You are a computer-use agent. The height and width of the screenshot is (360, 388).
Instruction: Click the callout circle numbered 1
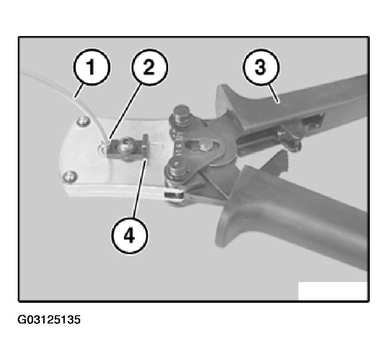pyautogui.click(x=92, y=67)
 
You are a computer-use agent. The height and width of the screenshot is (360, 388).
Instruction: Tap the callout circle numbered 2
pyautogui.click(x=149, y=67)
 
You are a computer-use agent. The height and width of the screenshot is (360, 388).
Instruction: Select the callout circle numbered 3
pyautogui.click(x=261, y=67)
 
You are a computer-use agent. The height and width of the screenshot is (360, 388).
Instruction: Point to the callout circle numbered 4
pyautogui.click(x=130, y=235)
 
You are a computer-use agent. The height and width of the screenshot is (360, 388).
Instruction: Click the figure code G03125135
pyautogui.click(x=49, y=320)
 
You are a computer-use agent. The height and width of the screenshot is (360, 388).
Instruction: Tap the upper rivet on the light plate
pyautogui.click(x=83, y=121)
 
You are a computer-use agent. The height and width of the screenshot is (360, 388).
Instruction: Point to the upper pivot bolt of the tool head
pyautogui.click(x=182, y=115)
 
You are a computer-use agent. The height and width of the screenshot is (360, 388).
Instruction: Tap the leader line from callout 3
pyautogui.click(x=274, y=94)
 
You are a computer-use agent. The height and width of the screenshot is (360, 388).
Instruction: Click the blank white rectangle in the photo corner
pyautogui.click(x=333, y=291)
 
